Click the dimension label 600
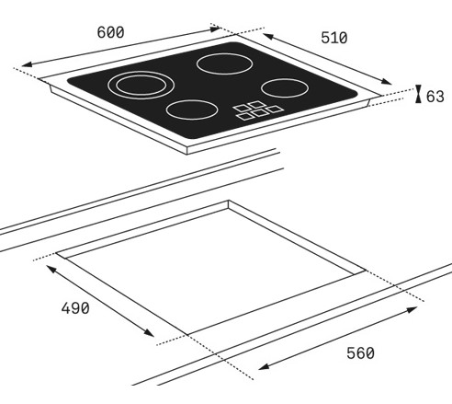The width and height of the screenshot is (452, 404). click(x=110, y=32)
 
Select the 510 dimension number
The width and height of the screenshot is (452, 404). click(x=334, y=38)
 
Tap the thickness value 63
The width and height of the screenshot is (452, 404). click(x=435, y=97)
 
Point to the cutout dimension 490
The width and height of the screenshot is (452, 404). click(x=75, y=308)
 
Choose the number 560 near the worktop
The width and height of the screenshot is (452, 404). click(x=360, y=353)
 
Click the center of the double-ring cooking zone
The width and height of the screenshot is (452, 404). click(x=141, y=85)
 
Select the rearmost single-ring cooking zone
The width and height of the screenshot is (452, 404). click(x=224, y=63)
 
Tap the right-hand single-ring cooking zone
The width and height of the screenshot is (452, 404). click(x=285, y=87)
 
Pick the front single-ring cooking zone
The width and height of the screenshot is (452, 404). click(x=192, y=110)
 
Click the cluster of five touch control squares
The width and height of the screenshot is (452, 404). click(x=258, y=110)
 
